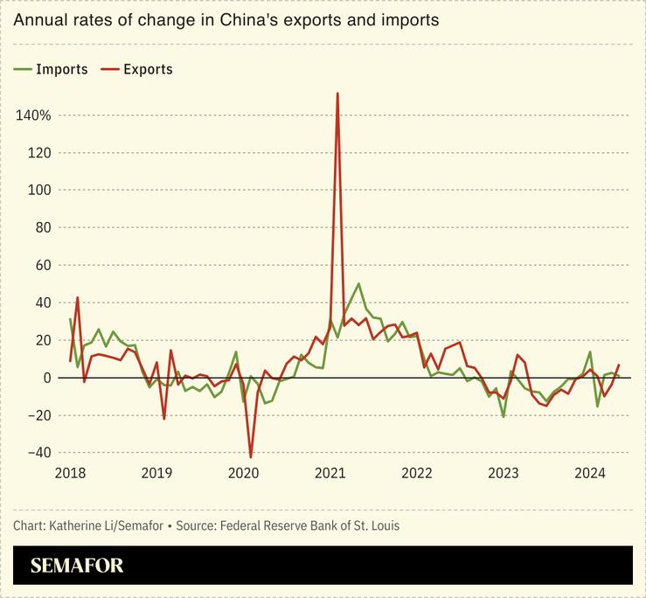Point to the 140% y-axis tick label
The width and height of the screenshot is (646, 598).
click(33, 115)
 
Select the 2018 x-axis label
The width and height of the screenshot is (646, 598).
click(71, 473)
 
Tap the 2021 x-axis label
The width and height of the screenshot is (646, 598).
click(330, 473)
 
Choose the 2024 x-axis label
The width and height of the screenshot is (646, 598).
click(590, 473)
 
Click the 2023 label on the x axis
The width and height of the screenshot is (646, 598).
click(504, 473)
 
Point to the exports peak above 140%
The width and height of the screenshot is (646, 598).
click(337, 94)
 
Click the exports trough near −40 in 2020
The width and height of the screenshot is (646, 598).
click(251, 456)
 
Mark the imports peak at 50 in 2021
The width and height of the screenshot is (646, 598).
click(358, 284)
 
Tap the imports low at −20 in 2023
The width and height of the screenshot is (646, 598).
click(504, 416)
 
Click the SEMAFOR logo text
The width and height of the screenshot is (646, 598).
click(77, 566)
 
